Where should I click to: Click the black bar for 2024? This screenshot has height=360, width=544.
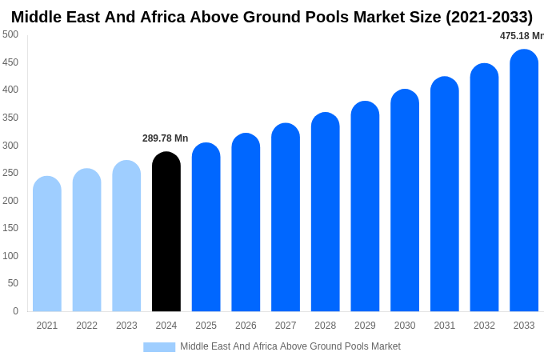coord(166,232)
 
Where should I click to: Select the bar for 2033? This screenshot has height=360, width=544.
coord(524,181)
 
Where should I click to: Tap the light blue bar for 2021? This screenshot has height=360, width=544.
coord(47,244)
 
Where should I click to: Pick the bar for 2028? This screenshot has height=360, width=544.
coord(326,212)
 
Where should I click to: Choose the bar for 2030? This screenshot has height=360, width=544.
coord(405,201)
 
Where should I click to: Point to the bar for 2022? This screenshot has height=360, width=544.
coord(86,240)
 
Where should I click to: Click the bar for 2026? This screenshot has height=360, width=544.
coord(246,222)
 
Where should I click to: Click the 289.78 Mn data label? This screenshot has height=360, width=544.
coord(165,138)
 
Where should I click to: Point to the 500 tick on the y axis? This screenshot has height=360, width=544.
coord(10,34)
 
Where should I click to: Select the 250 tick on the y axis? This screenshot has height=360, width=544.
coord(10,173)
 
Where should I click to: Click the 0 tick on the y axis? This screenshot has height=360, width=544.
coord(15,311)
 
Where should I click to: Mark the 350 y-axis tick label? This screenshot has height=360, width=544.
coord(10,118)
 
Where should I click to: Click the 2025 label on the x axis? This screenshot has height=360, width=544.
coord(206,326)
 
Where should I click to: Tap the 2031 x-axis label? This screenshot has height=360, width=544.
coord(444,326)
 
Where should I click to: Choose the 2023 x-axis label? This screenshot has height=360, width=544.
coord(126,326)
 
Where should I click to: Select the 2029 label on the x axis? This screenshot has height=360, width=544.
coord(365,326)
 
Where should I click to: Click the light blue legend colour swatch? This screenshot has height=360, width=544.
coord(159,347)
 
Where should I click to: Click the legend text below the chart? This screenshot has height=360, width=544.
coord(290,346)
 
